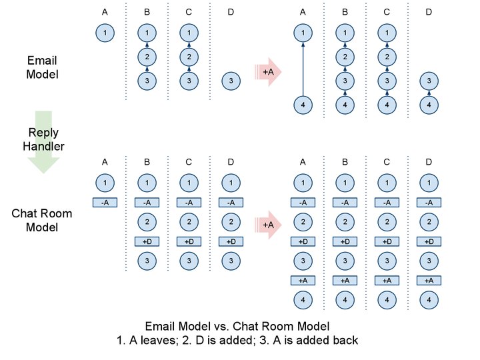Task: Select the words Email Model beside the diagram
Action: click(42, 67)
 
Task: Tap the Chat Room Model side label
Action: click(42, 220)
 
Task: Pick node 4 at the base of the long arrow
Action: click(303, 105)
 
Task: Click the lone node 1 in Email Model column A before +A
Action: click(105, 33)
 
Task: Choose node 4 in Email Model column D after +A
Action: click(429, 105)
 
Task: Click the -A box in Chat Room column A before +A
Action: click(105, 202)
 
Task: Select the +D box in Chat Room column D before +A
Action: click(230, 241)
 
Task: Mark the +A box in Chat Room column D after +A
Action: click(429, 281)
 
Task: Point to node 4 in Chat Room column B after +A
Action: click(345, 300)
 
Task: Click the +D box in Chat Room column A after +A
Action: click(303, 241)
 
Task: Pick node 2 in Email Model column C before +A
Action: click(190, 57)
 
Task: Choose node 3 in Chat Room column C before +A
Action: click(190, 260)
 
